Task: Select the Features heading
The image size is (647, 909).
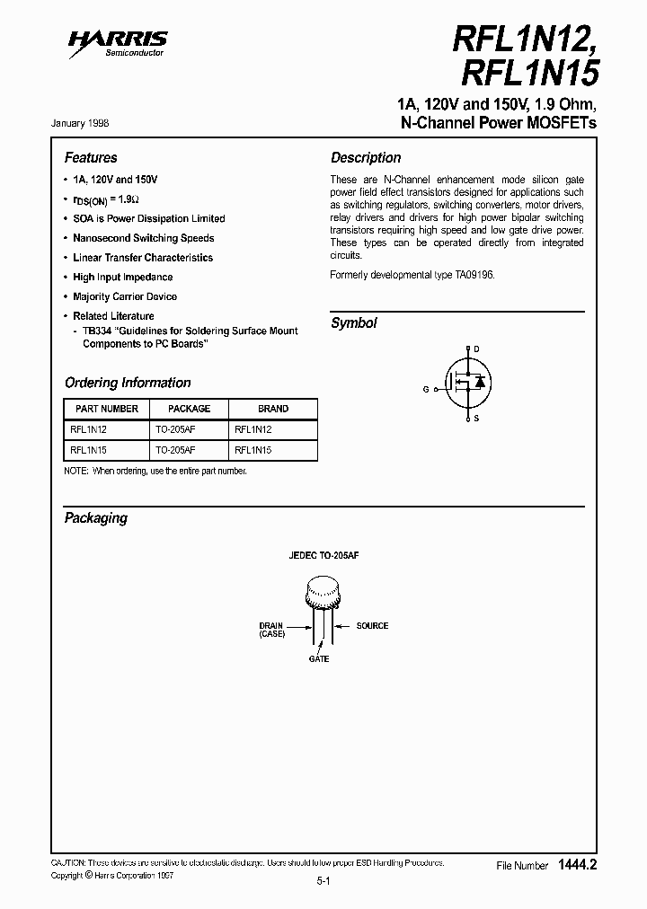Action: pos(91,157)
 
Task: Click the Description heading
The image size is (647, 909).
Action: pos(366,157)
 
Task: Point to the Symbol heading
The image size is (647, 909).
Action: pos(353,323)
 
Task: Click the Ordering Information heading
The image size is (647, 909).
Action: pos(128,383)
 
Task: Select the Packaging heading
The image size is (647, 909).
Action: pos(96,518)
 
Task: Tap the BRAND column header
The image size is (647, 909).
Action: pos(273,409)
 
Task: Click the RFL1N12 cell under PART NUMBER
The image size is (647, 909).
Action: pos(88,429)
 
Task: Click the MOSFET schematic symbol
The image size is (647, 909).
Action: pos(466,383)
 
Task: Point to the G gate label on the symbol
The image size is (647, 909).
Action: pos(426,389)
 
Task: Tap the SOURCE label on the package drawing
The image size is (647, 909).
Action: pos(372,625)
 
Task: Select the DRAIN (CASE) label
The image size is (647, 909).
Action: pos(270,630)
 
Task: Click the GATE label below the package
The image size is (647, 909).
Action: pos(319,659)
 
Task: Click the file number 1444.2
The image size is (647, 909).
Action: pos(577,865)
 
